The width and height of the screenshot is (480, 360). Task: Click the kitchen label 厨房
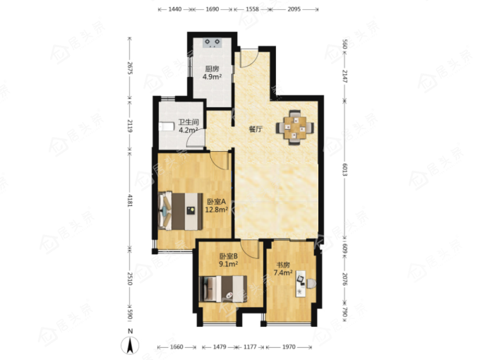pyautogui.click(x=212, y=69)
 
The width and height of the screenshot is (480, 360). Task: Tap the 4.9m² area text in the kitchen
pyautogui.click(x=212, y=76)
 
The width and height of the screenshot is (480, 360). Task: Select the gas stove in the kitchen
pyautogui.click(x=212, y=42)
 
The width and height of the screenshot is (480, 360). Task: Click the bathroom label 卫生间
pyautogui.click(x=188, y=123)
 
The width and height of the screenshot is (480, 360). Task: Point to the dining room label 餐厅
pyautogui.click(x=256, y=129)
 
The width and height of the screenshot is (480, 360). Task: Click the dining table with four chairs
pyautogui.click(x=295, y=127)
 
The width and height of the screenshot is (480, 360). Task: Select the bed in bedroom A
pyautogui.click(x=181, y=211)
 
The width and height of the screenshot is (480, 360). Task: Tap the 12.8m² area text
pyautogui.click(x=217, y=210)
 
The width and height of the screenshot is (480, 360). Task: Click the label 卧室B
pyautogui.click(x=229, y=256)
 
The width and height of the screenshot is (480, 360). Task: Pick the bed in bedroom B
pyautogui.click(x=223, y=289)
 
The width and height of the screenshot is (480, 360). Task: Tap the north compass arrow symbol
pyautogui.click(x=130, y=345)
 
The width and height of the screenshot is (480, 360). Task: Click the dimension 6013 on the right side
pyautogui.click(x=344, y=169)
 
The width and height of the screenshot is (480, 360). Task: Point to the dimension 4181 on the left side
pyautogui.click(x=130, y=200)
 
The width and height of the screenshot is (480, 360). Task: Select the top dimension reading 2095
pyautogui.click(x=294, y=9)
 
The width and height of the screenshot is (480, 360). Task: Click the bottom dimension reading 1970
pyautogui.click(x=289, y=347)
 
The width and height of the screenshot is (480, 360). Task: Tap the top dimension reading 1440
pyautogui.click(x=175, y=9)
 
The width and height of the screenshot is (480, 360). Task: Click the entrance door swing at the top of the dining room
pyautogui.click(x=248, y=58)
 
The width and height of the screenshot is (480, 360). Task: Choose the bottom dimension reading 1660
pyautogui.click(x=176, y=347)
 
